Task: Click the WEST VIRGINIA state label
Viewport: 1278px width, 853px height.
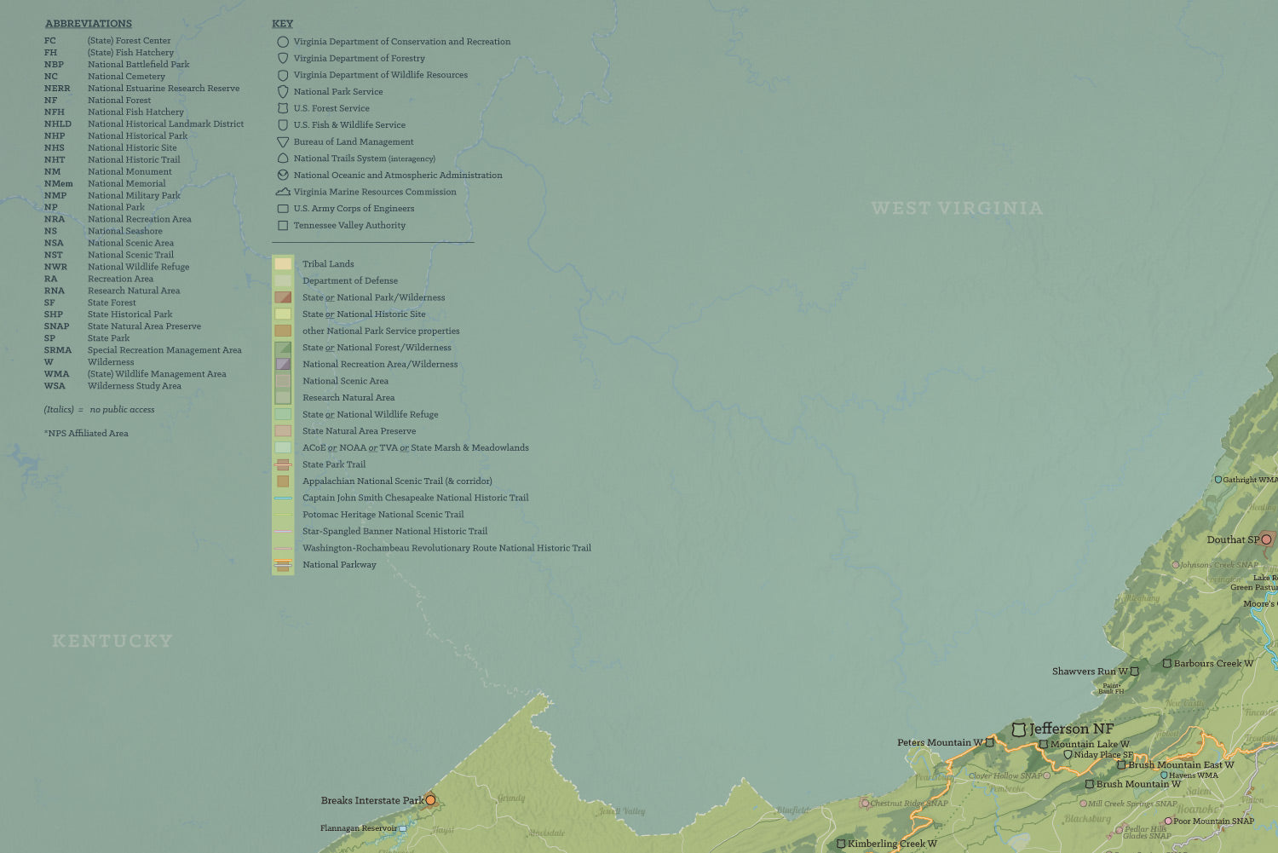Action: point(957,209)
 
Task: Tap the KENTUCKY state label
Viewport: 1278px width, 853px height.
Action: point(112,641)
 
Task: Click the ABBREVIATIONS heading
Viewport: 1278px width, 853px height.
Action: point(89,24)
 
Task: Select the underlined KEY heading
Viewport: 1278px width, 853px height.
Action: point(282,24)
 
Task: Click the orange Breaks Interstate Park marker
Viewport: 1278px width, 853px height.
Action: point(430,800)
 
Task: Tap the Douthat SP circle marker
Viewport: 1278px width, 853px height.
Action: point(1266,539)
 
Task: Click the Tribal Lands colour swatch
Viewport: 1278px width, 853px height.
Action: point(283,264)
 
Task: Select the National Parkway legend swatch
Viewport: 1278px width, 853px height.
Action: point(283,564)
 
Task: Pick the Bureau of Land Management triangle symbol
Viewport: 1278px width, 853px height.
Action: point(283,142)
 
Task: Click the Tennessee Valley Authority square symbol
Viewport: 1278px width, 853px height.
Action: point(283,226)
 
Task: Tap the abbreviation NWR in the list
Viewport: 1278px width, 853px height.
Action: point(55,267)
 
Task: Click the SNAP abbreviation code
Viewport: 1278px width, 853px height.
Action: point(56,326)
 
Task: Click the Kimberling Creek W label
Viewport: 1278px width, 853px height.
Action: point(891,844)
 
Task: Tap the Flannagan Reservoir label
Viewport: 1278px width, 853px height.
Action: point(358,828)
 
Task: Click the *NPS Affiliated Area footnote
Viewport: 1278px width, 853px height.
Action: point(86,434)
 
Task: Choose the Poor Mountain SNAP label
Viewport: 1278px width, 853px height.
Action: point(1213,821)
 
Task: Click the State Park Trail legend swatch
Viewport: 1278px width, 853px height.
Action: point(283,464)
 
